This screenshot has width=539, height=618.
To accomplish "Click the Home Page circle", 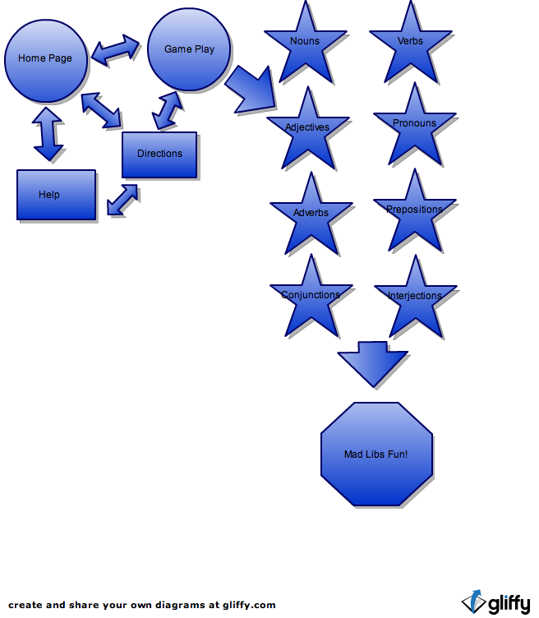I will point(45,59).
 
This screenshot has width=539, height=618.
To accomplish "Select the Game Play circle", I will point(189,49).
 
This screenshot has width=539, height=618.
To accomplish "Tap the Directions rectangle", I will point(159,154).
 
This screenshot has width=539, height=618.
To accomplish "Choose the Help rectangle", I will point(56,195).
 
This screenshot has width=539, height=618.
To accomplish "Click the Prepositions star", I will point(414,211).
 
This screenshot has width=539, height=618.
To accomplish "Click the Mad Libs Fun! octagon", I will point(375,454).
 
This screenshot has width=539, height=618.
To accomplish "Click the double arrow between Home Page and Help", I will point(48,135).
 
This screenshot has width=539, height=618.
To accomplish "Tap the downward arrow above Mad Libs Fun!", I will point(372,364).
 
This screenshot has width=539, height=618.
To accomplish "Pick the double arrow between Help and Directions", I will point(122,201).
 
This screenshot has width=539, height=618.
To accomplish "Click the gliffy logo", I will point(496,602).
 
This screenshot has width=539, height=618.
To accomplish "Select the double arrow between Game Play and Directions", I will point(167,110).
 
